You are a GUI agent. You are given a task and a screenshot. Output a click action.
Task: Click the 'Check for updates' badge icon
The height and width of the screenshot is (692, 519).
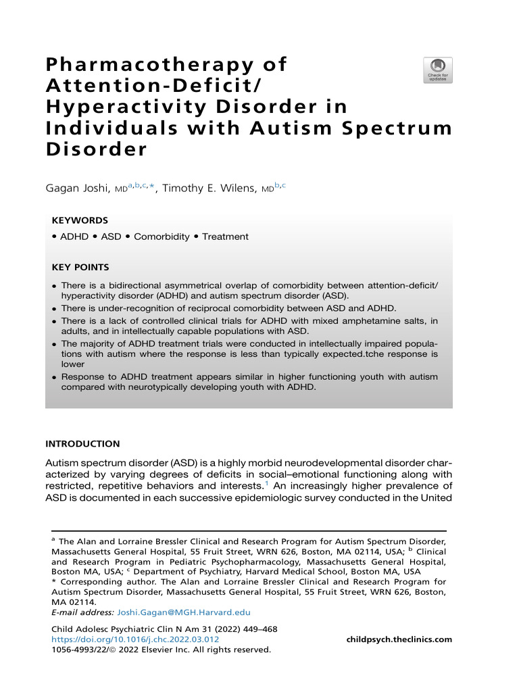pyautogui.click(x=438, y=70)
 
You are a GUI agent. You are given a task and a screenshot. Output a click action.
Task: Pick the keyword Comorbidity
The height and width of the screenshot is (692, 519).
pyautogui.click(x=162, y=237)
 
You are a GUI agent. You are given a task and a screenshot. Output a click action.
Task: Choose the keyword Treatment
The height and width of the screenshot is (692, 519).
pyautogui.click(x=226, y=237)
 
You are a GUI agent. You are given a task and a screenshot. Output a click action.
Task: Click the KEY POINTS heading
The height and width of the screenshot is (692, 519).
pyautogui.click(x=80, y=268)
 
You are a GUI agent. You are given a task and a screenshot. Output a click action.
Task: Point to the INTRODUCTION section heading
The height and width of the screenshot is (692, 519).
pyautogui.click(x=82, y=444)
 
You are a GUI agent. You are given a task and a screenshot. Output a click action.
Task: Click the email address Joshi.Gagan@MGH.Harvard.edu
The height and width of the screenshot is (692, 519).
pyautogui.click(x=184, y=612)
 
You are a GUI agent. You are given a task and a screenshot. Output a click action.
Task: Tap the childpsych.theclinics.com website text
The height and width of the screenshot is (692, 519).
pyautogui.click(x=399, y=639)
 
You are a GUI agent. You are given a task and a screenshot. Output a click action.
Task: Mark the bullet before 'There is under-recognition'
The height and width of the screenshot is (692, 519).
pyautogui.click(x=54, y=308)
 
